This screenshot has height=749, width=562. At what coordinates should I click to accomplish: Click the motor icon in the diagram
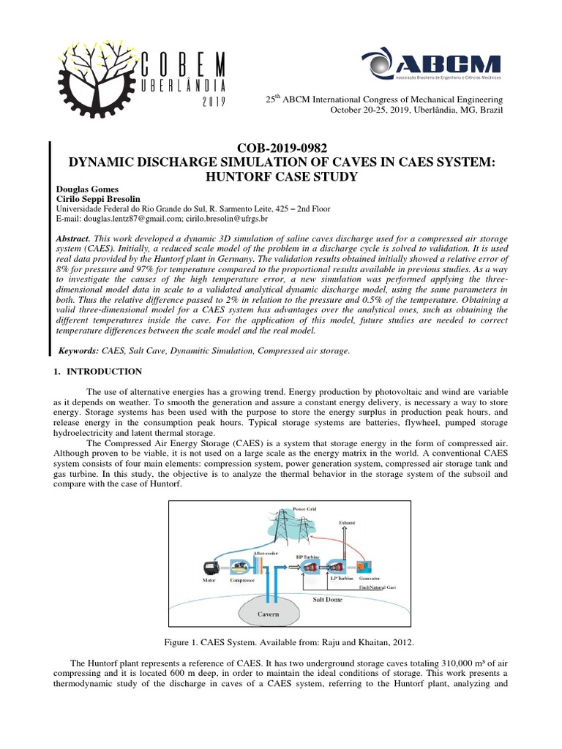click(x=209, y=567)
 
